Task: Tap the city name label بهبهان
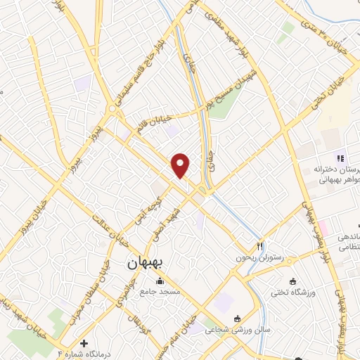coord(146,264)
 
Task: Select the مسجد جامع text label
coord(160,291)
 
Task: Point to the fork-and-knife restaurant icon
coord(260,246)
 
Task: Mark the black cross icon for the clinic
coord(84,344)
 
